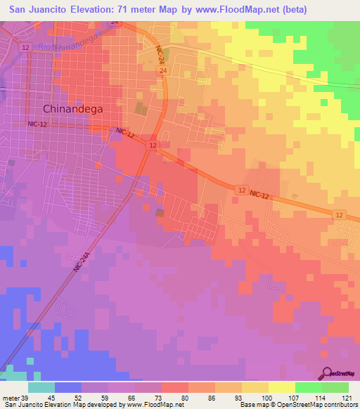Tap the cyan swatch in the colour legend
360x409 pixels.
[41, 387]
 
